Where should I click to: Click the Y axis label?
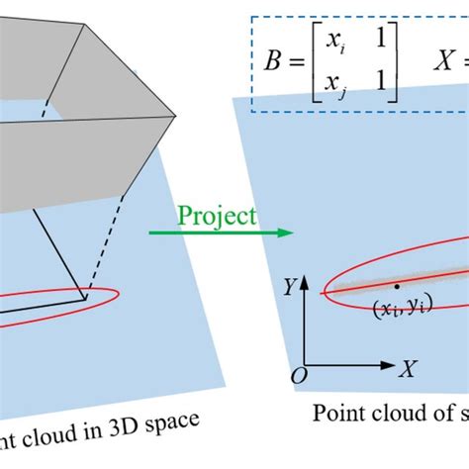pos(286,287)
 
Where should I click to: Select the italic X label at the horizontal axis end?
pos(407,368)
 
